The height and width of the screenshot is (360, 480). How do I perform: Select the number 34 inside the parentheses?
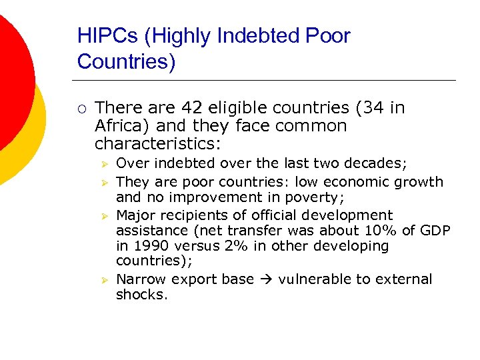pyautogui.click(x=364, y=108)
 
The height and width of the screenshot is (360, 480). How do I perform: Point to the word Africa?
pyautogui.click(x=117, y=126)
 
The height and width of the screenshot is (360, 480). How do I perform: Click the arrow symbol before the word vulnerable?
pyautogui.click(x=266, y=279)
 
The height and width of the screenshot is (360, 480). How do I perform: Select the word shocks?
pyautogui.click(x=141, y=295)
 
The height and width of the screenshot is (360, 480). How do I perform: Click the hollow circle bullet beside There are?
pyautogui.click(x=81, y=109)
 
